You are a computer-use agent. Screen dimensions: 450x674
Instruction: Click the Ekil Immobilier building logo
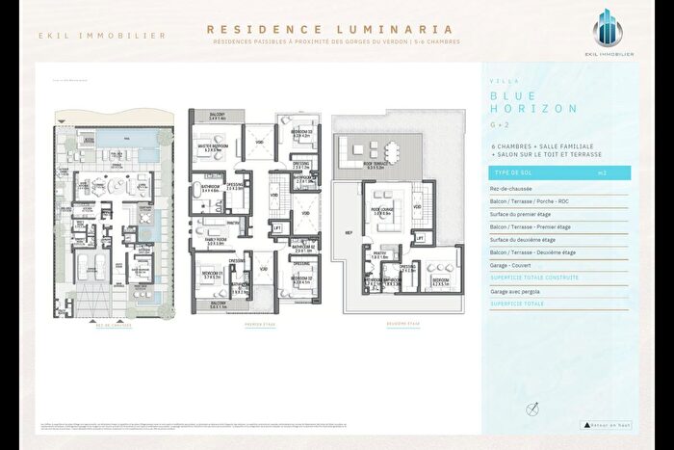tap(613, 30)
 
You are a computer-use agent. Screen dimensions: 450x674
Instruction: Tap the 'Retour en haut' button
tap(605, 425)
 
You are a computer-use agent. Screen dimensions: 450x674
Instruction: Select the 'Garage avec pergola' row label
tap(513, 290)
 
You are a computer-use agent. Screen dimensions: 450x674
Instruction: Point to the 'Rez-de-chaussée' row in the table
tap(510, 190)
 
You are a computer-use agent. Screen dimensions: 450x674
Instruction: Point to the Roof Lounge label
tap(385, 209)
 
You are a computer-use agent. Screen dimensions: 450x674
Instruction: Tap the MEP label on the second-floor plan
tap(349, 232)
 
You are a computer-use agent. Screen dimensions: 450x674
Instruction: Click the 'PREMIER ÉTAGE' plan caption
tap(260, 325)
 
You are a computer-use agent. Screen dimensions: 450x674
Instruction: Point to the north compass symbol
tap(531, 410)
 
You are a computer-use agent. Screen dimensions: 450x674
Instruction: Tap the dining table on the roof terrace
tap(393, 151)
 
